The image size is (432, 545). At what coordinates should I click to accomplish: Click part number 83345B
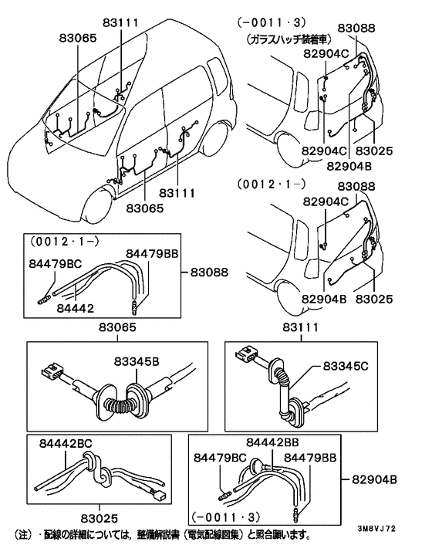pos(137,361)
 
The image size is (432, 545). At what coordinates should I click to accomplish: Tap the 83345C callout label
pos(346,366)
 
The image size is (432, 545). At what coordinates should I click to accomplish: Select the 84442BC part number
pos(66,444)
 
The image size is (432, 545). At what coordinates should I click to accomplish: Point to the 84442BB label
pos(272,442)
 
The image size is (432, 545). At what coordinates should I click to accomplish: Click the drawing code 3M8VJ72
pos(376,529)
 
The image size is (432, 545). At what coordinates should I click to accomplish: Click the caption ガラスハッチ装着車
pos(289,39)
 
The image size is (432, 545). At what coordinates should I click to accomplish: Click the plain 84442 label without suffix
pos(75,308)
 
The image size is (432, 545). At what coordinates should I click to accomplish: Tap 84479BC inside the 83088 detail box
pos(56,264)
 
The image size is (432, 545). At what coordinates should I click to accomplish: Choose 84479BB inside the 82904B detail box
pos(310,458)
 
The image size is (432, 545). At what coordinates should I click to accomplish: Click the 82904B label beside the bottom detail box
pos(375,479)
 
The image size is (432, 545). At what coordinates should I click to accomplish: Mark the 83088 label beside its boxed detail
pos(210,272)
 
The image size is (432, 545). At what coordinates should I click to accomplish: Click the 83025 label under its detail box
pos(100,519)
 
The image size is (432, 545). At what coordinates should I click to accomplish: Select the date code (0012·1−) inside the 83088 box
pos(65,241)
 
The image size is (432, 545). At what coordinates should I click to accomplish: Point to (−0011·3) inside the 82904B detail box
pos(226,517)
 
